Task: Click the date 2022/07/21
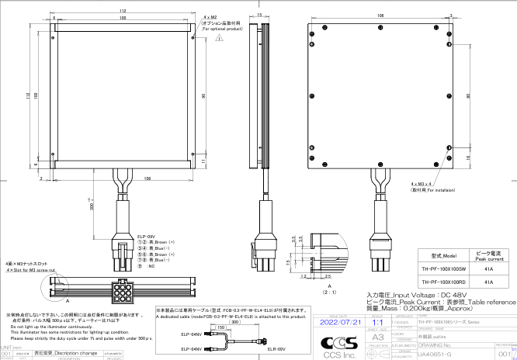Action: coord(340,320)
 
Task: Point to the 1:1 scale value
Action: coord(378,320)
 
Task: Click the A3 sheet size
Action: coord(378,338)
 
